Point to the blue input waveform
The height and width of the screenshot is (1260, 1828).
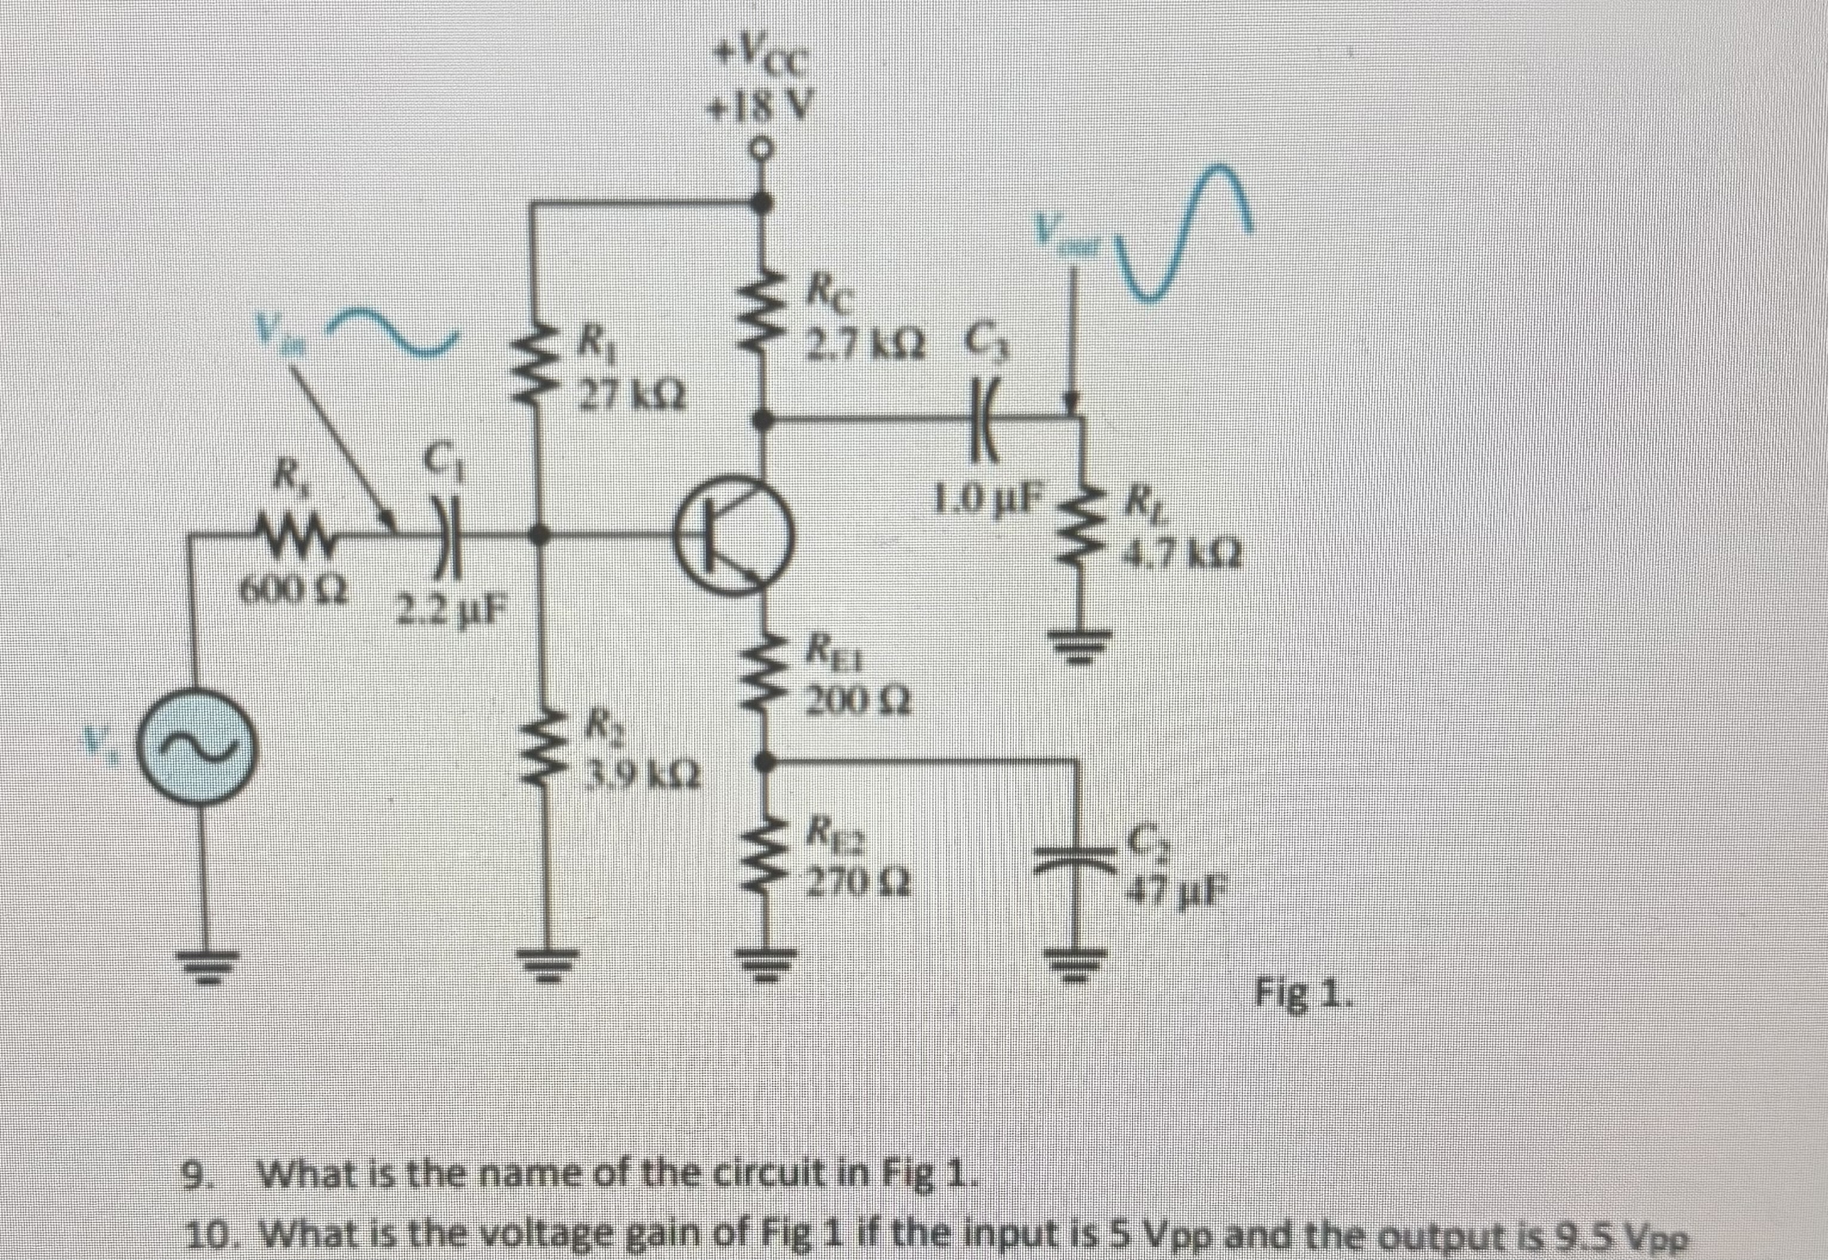[x=395, y=330]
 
